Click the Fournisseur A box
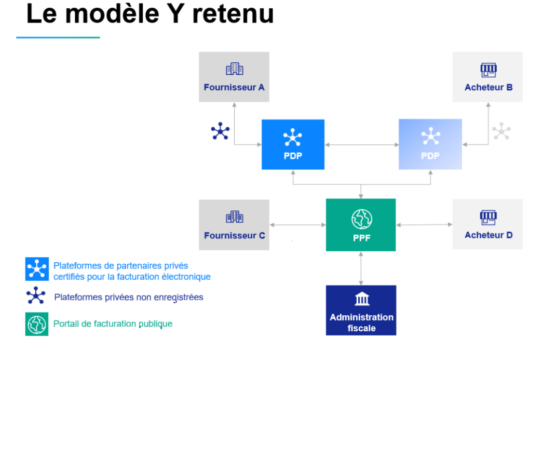pos(234,77)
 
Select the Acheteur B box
pos(487,77)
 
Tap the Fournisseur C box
pos(234,225)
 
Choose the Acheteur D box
pos(487,224)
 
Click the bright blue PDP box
pos(293,144)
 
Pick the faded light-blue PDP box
pos(430,144)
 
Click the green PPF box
pos(361,225)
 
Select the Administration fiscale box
pos(361,310)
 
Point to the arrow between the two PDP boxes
pos(362,144)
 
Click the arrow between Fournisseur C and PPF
pos(297,225)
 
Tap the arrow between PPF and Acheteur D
pos(424,224)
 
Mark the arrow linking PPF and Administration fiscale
pos(361,268)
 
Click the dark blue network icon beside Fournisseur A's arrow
pos(220,131)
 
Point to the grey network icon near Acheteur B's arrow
pos(501,131)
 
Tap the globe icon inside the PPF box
pos(362,219)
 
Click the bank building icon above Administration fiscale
pos(362,299)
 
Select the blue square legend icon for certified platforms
pos(37,269)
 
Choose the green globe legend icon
pos(37,324)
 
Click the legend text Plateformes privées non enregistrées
pos(129,298)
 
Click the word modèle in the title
pos(112,14)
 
